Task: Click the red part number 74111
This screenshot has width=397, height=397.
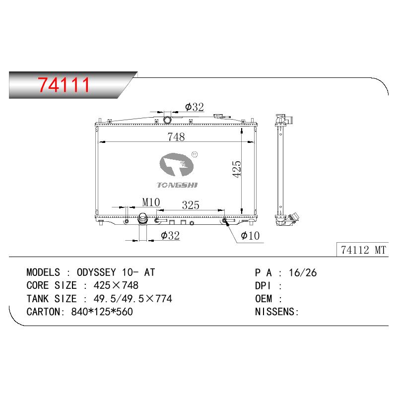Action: (x=64, y=85)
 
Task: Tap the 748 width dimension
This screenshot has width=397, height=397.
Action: (x=176, y=137)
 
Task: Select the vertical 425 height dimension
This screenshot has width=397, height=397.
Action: (x=237, y=169)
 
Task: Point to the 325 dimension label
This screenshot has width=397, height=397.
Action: (x=191, y=205)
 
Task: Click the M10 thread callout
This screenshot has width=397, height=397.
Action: (x=151, y=202)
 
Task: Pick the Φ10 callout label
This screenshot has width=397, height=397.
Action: (x=250, y=236)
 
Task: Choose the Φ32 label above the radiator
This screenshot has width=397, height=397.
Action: (x=195, y=107)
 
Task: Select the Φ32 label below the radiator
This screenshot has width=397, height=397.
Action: (x=170, y=235)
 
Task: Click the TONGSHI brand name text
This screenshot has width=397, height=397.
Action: (x=177, y=185)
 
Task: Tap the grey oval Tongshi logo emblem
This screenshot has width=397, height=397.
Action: (x=177, y=165)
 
